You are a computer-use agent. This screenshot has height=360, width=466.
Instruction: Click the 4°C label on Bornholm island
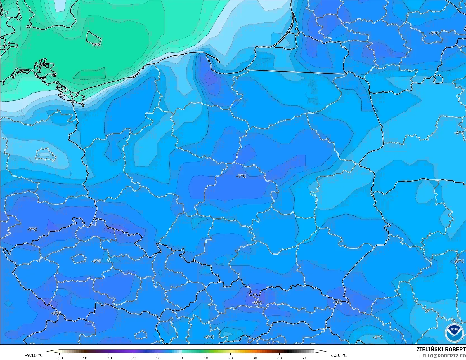point(96,44)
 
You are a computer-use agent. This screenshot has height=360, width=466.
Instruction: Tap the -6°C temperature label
point(96,261)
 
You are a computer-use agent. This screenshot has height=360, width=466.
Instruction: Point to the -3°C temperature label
point(378,337)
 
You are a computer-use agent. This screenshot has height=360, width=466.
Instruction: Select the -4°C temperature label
point(459,133)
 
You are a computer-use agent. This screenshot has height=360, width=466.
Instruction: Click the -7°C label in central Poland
point(241,176)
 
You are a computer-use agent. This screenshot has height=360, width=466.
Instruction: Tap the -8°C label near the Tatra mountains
point(257,303)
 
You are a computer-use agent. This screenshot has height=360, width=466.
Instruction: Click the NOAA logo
point(454,333)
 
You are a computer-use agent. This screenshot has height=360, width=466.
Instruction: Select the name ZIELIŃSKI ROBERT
point(441,350)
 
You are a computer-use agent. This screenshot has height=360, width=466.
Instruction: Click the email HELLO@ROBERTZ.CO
point(442,356)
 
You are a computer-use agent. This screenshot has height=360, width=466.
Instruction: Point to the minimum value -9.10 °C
point(34,355)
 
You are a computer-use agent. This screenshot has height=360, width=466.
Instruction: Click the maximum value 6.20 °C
point(339,355)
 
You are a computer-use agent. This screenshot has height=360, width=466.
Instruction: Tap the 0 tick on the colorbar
point(182,358)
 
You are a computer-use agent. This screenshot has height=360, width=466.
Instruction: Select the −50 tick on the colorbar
point(59,358)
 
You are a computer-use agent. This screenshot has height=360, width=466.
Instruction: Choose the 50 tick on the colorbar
point(304,358)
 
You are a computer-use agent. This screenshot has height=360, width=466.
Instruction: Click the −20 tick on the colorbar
point(133,358)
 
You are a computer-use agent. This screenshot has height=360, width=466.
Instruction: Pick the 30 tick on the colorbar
point(255,358)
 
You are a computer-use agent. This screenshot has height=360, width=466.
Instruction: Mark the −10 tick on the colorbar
point(157,358)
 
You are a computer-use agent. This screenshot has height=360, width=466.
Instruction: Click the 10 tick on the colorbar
point(206,358)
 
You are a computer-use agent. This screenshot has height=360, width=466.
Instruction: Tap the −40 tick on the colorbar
point(84,358)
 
